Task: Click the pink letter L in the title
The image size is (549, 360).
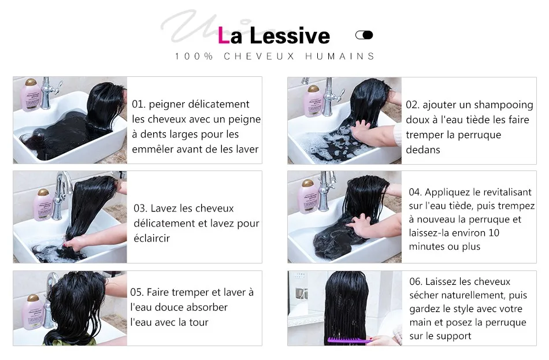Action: [224, 35]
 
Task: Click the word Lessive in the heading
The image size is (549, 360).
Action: [290, 35]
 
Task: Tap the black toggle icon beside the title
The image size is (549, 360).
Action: [364, 35]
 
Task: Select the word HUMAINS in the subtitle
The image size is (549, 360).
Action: [340, 56]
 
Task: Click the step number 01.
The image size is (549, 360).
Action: [139, 105]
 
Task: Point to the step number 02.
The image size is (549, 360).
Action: [413, 105]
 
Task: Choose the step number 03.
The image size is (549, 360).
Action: [140, 209]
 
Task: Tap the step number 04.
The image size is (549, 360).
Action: [416, 192]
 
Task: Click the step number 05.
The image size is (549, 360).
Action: [137, 292]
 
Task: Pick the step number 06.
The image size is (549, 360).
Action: [416, 281]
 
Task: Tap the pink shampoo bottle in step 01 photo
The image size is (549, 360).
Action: [31, 95]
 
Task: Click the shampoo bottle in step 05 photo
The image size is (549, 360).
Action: [32, 312]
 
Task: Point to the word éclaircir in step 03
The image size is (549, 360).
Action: [151, 238]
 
